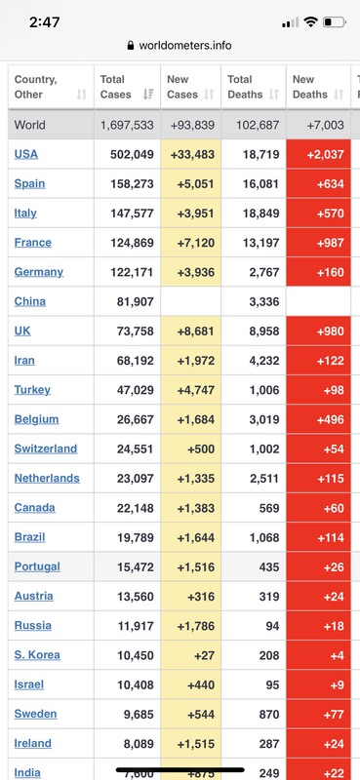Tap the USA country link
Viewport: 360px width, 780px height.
tap(26, 154)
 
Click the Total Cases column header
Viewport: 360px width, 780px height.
tap(115, 87)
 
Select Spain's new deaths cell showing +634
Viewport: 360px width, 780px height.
tap(319, 183)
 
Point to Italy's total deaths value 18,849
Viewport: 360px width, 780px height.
tap(260, 214)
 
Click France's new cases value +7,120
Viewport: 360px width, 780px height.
tap(196, 243)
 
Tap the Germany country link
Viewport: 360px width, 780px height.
tap(39, 272)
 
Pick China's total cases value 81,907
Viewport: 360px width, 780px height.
tap(135, 301)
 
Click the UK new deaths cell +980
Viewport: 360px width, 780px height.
tap(319, 331)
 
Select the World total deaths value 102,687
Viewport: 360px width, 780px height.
tap(258, 125)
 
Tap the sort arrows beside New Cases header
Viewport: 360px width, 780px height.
tap(210, 94)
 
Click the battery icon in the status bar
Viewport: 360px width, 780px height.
tap(334, 21)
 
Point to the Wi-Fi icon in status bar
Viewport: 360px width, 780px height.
tap(310, 21)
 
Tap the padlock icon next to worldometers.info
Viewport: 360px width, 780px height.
tap(131, 46)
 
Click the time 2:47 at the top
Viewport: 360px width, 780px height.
tap(44, 22)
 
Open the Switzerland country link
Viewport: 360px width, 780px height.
tap(46, 448)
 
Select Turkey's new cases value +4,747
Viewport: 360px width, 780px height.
tap(196, 390)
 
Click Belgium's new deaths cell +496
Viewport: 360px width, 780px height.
tap(319, 419)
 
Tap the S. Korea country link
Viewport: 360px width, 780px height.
tap(37, 654)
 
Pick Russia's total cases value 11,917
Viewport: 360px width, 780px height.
tap(136, 626)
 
